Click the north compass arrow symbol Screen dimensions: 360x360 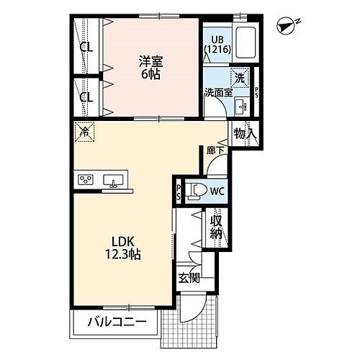[287, 26]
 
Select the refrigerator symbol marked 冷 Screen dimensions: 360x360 [85, 133]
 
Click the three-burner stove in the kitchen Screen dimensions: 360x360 [86, 180]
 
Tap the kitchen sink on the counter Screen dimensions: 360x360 [114, 180]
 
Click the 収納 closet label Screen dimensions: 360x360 [215, 229]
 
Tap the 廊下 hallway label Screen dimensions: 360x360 [213, 150]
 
